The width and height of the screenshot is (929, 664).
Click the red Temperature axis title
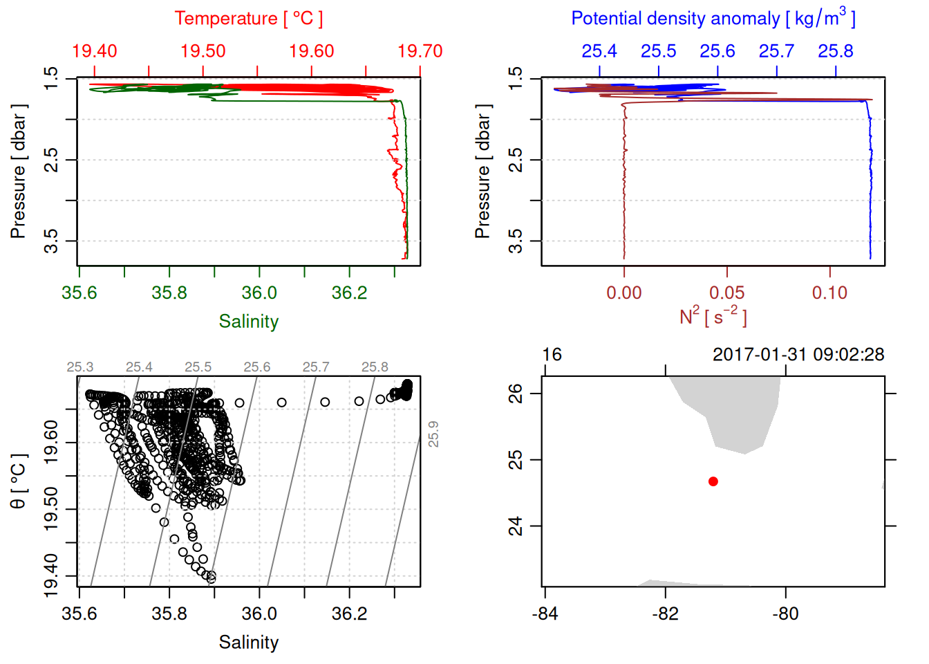click(248, 19)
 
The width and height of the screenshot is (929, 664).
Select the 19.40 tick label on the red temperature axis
click(94, 51)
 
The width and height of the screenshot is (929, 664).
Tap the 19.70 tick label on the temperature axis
click(420, 51)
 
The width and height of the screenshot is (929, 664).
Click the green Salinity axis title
click(248, 322)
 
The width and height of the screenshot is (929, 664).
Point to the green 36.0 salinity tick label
click(259, 293)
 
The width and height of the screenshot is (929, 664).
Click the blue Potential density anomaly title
click(713, 19)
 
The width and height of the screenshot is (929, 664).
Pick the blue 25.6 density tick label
click(717, 51)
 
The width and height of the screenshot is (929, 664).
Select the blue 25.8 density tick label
click(836, 51)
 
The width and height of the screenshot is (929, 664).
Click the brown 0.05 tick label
click(727, 293)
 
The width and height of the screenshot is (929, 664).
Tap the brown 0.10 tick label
click(829, 293)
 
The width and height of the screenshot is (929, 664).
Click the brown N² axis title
click(713, 317)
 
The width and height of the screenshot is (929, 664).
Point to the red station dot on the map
click(713, 481)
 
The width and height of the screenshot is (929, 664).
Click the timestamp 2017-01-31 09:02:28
click(798, 355)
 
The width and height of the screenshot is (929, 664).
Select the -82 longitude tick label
click(665, 614)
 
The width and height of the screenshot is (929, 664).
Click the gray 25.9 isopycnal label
click(433, 434)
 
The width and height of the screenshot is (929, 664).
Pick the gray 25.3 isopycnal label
click(80, 367)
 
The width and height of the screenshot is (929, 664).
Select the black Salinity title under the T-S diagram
click(248, 643)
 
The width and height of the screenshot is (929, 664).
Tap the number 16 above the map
click(552, 355)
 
